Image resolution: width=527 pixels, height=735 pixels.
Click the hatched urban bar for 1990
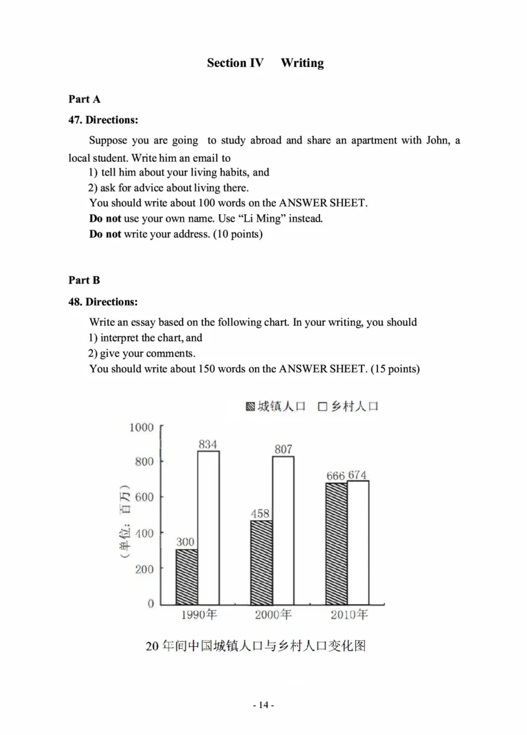[186, 576]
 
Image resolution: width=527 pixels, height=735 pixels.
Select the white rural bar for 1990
[208, 527]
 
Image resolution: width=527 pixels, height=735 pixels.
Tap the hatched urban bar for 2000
[261, 562]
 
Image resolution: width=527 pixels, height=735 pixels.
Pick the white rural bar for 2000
[283, 530]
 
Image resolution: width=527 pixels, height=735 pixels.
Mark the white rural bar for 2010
[358, 542]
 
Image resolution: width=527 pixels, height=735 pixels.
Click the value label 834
[208, 444]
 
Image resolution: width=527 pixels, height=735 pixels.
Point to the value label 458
[261, 513]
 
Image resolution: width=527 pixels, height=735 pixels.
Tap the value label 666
[336, 475]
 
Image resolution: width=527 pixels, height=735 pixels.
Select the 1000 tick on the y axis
[141, 428]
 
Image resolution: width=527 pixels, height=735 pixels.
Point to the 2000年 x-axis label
[273, 615]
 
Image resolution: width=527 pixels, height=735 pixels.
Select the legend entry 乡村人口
[348, 406]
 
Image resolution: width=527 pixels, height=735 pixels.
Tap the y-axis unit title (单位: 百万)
[125, 524]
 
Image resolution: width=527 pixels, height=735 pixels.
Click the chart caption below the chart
[255, 646]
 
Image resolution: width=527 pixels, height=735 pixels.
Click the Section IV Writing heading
[265, 63]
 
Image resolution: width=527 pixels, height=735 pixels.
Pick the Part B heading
[84, 280]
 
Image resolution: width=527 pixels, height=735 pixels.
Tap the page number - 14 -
[263, 705]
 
